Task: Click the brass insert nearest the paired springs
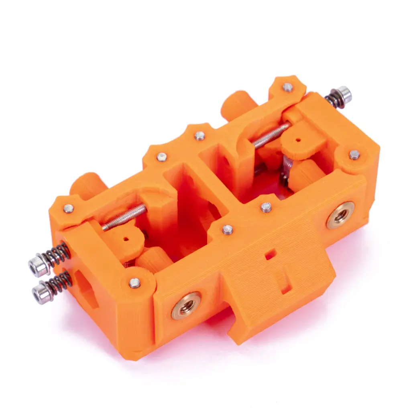pos(186,305)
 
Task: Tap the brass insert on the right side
pos(340,215)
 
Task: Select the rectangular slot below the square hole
pos(286,283)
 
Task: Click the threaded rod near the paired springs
pos(124,216)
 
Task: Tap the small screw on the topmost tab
pos(287,87)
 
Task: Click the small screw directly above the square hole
pos(266,207)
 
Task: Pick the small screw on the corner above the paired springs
pos(68,208)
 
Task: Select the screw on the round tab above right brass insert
pos(354,155)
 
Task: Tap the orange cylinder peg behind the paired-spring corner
pos(86,185)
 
